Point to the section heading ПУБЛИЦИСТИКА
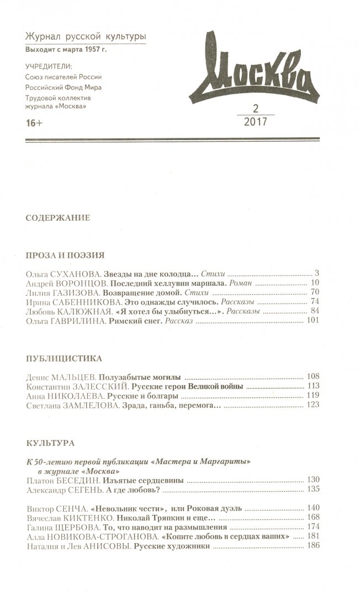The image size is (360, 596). (64, 358)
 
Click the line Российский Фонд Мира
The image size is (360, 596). (63, 87)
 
